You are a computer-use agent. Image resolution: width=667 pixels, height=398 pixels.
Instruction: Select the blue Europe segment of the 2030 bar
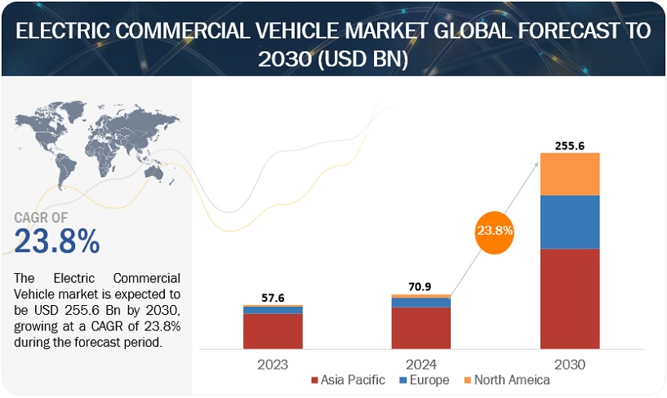[x=570, y=222]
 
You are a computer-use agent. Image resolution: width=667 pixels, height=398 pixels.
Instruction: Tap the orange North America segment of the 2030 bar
[x=570, y=174]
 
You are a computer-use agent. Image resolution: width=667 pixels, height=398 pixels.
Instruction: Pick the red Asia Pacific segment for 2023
[x=273, y=330]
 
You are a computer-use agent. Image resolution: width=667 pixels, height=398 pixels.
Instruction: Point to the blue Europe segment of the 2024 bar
[x=421, y=303]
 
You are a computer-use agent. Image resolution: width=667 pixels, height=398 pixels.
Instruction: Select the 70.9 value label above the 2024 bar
[x=421, y=286]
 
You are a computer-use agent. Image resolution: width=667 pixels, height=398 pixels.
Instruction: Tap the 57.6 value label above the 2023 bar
[x=273, y=298]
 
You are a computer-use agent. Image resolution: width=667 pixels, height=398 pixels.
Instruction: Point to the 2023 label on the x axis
[x=273, y=364]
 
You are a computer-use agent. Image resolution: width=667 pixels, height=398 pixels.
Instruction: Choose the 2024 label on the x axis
[x=421, y=364]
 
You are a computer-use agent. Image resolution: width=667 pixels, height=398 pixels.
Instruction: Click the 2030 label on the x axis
[x=570, y=364]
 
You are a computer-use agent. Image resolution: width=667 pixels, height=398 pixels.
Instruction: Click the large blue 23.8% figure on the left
[x=57, y=241]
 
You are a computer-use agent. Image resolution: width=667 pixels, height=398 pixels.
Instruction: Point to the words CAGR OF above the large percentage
[x=42, y=218]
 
